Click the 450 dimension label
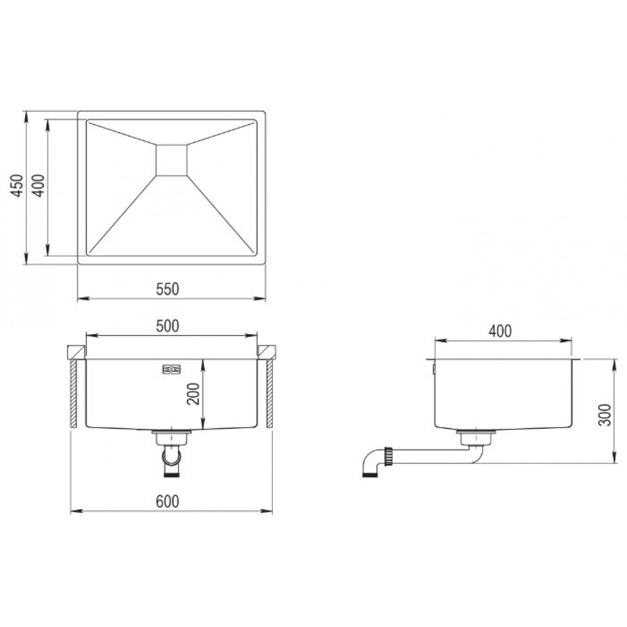(17, 186)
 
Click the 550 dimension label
(167, 289)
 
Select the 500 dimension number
(167, 326)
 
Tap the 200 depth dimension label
(193, 394)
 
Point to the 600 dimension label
(167, 502)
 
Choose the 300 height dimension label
(606, 415)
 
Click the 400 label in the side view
(500, 331)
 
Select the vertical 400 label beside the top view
(38, 186)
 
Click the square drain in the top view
(171, 160)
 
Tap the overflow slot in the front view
(172, 369)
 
